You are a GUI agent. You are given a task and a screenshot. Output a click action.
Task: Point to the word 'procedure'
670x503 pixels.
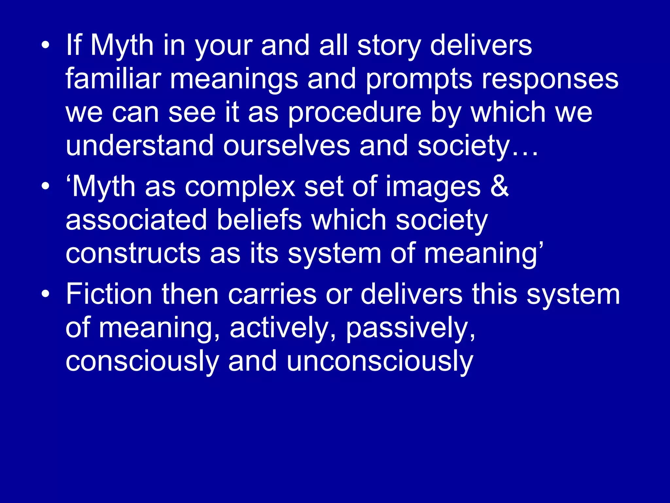point(355,113)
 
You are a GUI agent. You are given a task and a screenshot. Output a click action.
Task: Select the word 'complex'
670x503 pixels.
point(240,187)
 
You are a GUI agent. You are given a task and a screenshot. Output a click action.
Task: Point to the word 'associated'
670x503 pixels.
point(136,220)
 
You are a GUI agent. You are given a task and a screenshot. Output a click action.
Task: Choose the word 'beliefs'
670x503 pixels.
point(259,220)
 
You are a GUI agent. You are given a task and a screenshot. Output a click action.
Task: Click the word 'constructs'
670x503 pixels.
point(133,253)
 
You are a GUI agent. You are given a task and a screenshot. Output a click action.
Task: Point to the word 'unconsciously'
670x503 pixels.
point(380,362)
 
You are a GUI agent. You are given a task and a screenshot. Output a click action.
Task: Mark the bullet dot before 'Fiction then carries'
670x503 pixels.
point(46,293)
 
